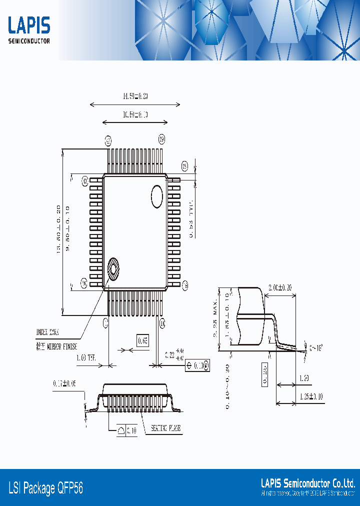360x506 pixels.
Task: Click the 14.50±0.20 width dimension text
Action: click(x=135, y=96)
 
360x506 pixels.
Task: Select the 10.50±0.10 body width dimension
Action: click(x=135, y=115)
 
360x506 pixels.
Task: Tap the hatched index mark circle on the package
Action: click(x=113, y=269)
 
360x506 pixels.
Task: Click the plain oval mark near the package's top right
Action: click(x=157, y=196)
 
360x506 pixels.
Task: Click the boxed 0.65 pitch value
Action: click(x=142, y=341)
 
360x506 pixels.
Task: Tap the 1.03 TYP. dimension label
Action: click(x=86, y=358)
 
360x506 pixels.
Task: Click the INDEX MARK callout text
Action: click(x=48, y=331)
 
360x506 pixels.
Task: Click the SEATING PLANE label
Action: click(x=166, y=428)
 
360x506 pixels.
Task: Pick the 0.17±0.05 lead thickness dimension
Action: click(x=64, y=384)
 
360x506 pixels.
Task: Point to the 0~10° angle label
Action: click(x=316, y=347)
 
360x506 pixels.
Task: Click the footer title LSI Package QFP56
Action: click(x=46, y=488)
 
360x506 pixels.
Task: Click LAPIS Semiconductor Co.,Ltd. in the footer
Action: click(x=308, y=483)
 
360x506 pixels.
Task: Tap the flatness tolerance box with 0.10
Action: click(x=127, y=430)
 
